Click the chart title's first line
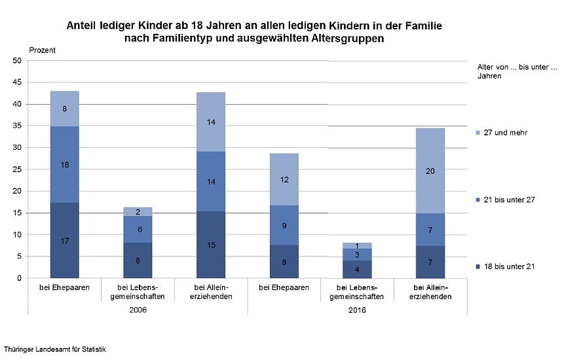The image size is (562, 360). [x=254, y=27]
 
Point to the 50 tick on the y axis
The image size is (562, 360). [x=17, y=61]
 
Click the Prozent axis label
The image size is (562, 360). [x=42, y=50]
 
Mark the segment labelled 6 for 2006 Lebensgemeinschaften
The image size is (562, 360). [x=137, y=230]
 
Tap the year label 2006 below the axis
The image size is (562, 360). [x=138, y=309]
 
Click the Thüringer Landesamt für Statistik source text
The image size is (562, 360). [x=55, y=350]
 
